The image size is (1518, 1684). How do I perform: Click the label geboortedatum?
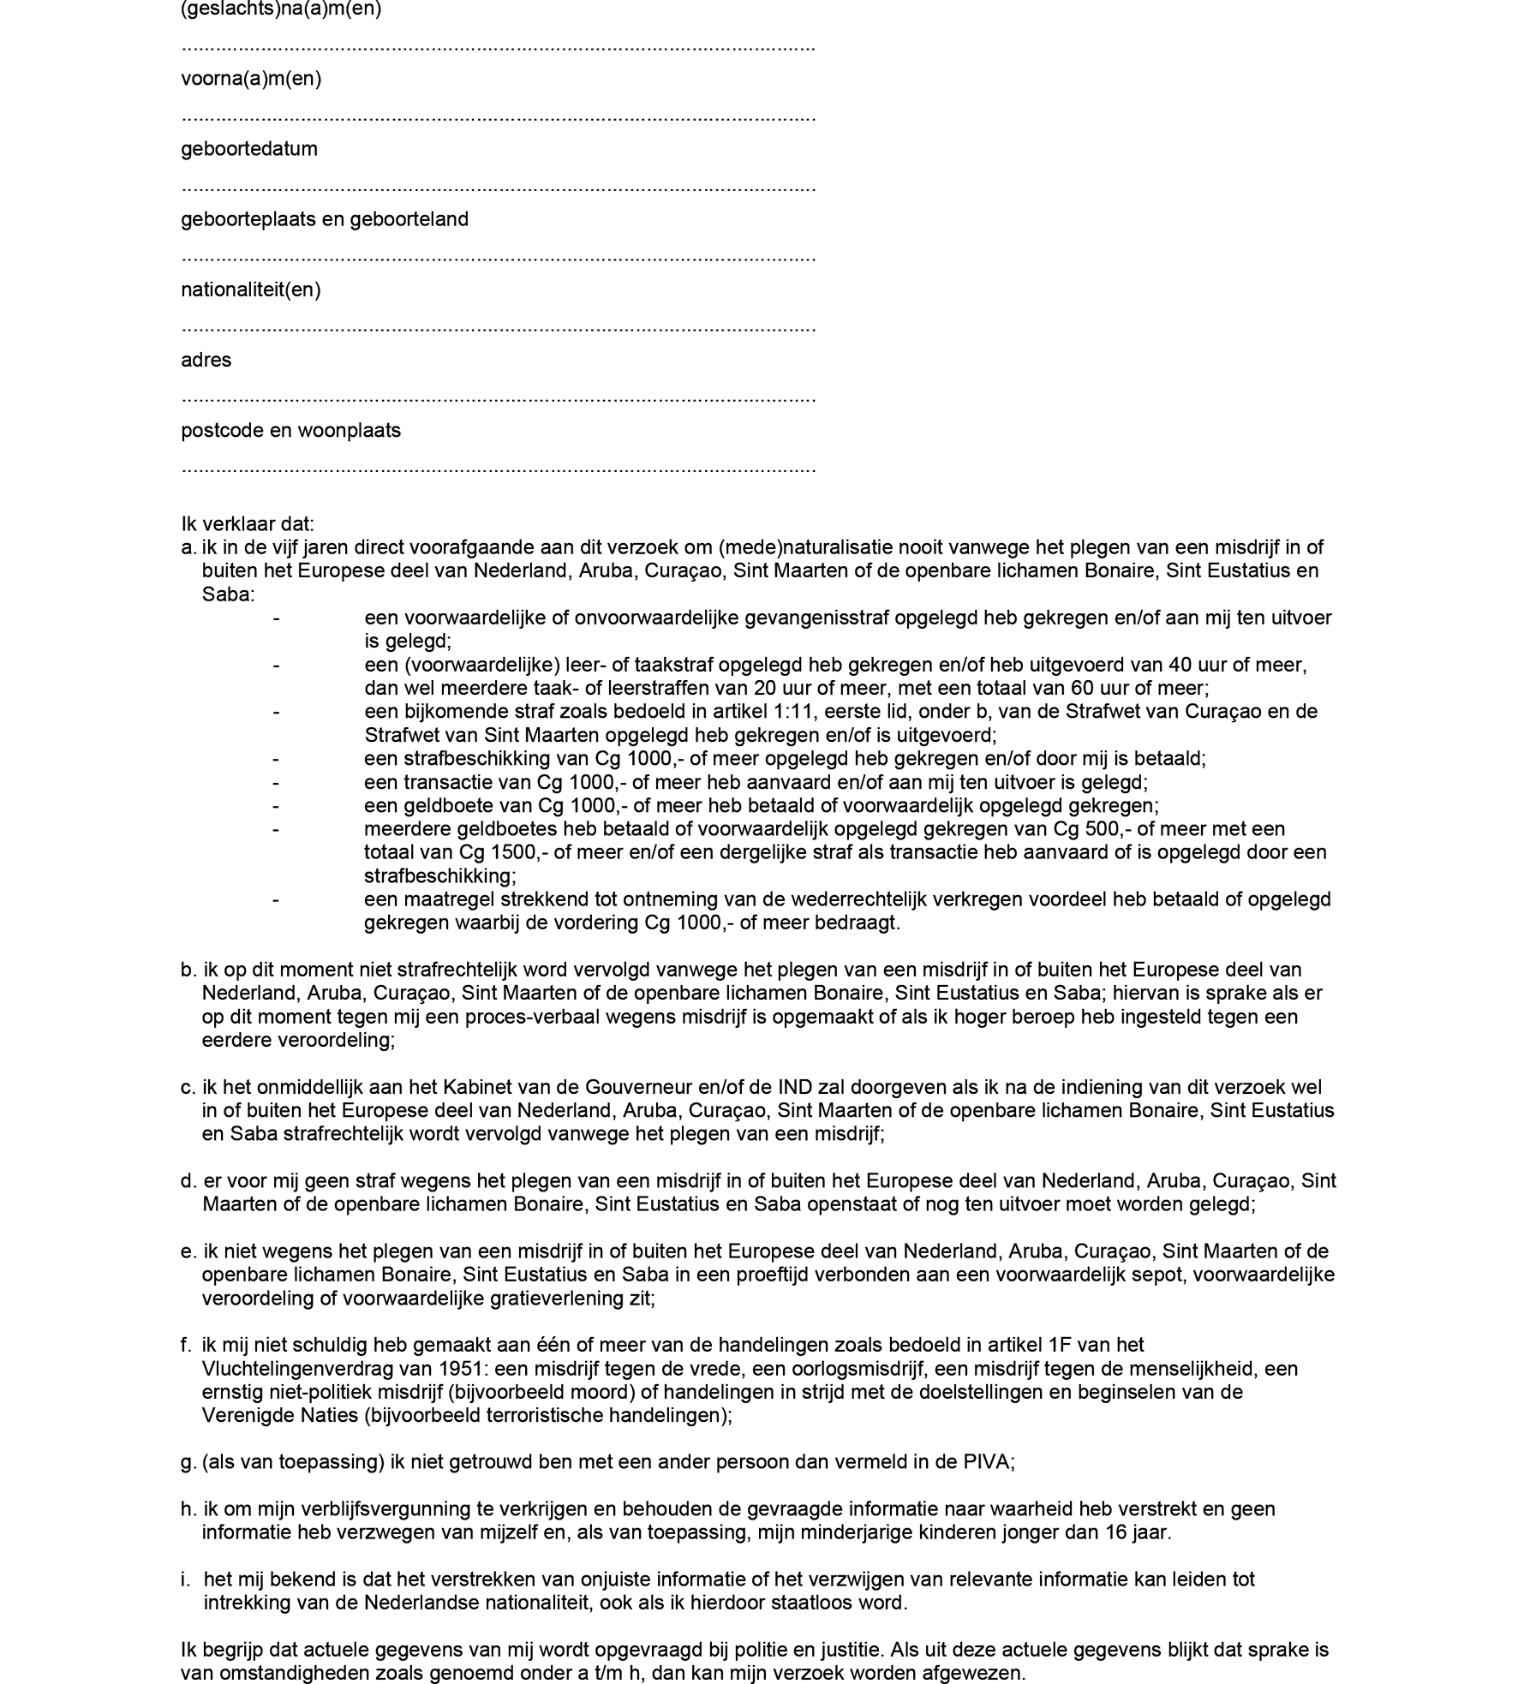(248, 149)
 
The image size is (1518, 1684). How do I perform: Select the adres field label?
(206, 360)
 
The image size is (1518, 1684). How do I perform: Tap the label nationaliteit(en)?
(250, 290)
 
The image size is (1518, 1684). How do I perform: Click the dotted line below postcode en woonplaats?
(498, 469)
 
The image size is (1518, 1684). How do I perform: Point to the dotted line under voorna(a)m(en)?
(498, 117)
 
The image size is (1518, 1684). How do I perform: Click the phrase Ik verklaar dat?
(248, 523)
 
